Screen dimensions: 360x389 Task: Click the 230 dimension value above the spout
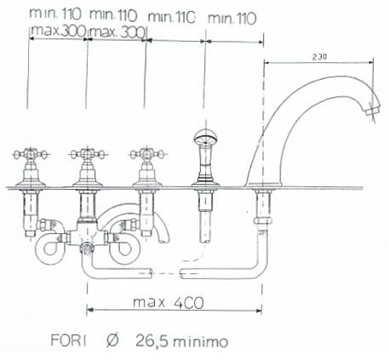click(x=319, y=56)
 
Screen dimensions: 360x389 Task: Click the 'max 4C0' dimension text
click(x=172, y=302)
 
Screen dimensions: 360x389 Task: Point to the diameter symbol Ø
click(x=113, y=342)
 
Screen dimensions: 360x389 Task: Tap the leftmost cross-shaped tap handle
click(x=28, y=157)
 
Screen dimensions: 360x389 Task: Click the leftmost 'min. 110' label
click(x=53, y=14)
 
